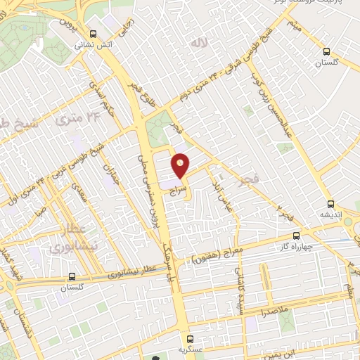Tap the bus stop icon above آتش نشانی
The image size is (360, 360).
point(93,34)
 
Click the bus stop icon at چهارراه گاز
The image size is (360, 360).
point(296,236)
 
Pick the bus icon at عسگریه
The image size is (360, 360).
point(190,340)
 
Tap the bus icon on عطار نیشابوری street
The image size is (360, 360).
point(72,277)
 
